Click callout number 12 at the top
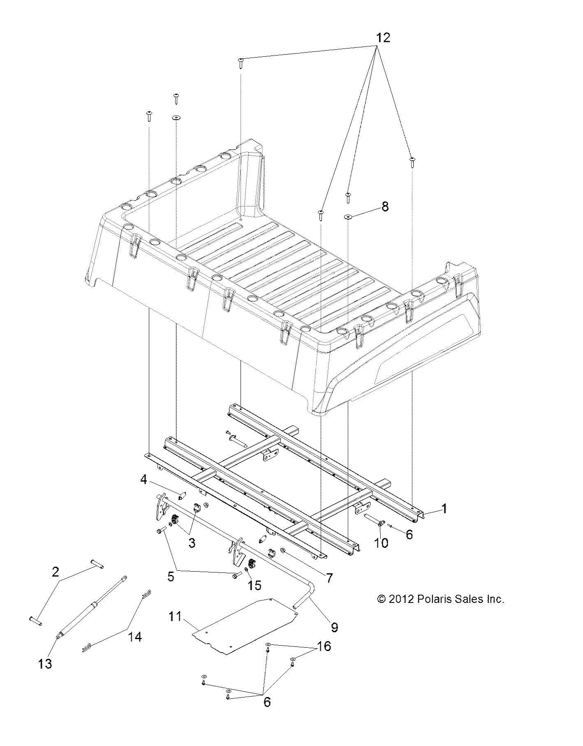[x=382, y=38]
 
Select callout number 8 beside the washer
[x=385, y=206]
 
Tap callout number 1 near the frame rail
[x=444, y=509]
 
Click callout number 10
[x=381, y=543]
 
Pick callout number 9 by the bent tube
[x=334, y=627]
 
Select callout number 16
[x=324, y=646]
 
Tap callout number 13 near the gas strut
[x=45, y=663]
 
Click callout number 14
[x=134, y=637]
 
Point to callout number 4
[x=143, y=480]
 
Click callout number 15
[x=255, y=585]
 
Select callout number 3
[x=192, y=543]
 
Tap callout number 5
[x=170, y=577]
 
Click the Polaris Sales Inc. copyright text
[x=440, y=599]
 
